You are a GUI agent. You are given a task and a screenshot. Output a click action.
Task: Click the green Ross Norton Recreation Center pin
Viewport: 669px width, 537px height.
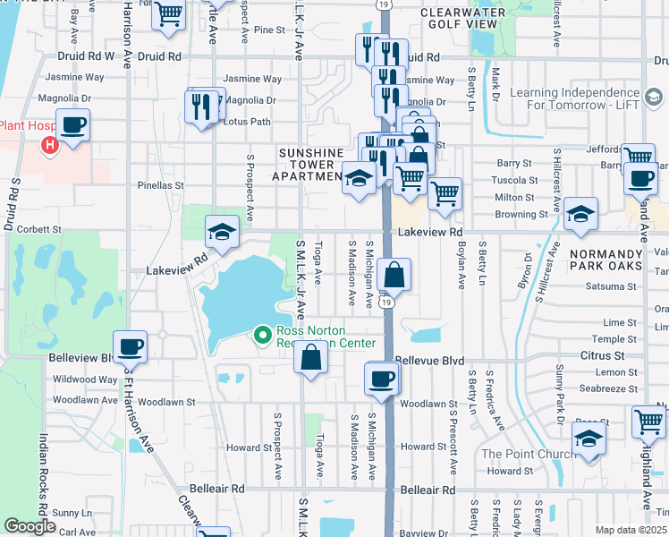pyautogui.click(x=262, y=336)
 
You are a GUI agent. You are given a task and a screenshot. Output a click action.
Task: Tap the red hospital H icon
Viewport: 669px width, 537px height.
pyautogui.click(x=50, y=143)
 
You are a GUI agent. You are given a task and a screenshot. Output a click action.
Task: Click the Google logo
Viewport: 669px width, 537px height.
pyautogui.click(x=30, y=526)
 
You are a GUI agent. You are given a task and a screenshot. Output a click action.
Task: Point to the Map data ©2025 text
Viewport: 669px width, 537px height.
pyautogui.click(x=630, y=530)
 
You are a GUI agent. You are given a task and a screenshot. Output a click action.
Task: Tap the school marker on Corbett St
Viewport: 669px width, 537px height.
pyautogui.click(x=222, y=233)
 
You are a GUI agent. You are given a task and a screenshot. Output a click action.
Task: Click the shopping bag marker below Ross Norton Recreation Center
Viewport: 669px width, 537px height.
pyautogui.click(x=310, y=358)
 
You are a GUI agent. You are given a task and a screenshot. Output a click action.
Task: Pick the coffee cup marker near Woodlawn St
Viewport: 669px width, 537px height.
pyautogui.click(x=382, y=379)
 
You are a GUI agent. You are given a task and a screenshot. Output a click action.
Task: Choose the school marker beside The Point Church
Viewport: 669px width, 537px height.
pyautogui.click(x=589, y=439)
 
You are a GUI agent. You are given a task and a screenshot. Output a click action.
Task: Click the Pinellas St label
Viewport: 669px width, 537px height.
pyautogui.click(x=160, y=186)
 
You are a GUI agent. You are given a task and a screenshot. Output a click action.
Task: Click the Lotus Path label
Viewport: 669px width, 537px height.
pyautogui.click(x=246, y=122)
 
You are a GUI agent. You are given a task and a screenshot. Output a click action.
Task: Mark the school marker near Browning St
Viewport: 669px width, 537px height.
pyautogui.click(x=580, y=215)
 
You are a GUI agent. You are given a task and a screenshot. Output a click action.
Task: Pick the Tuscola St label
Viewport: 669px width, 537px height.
pyautogui.click(x=515, y=180)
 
